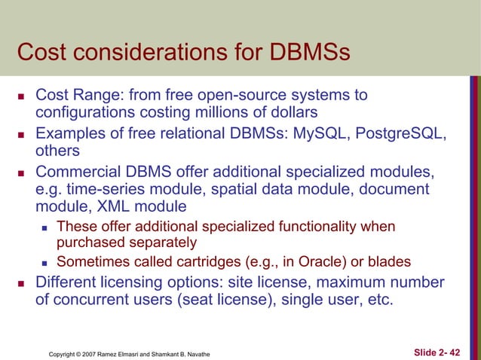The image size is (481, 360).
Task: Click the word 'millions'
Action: pos(243,112)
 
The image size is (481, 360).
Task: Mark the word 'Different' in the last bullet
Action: pos(69,283)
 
